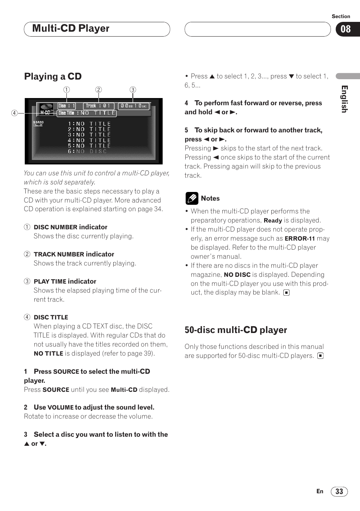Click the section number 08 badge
pyautogui.click(x=346, y=29)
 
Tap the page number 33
pyautogui.click(x=339, y=491)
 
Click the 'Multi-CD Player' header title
pyautogui.click(x=71, y=29)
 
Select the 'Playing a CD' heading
pyautogui.click(x=53, y=77)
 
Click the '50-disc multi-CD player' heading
pyautogui.click(x=236, y=330)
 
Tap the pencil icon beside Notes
pyautogui.click(x=192, y=198)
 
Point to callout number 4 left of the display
pyautogui.click(x=14, y=113)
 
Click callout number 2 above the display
pyautogui.click(x=98, y=90)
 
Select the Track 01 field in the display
pyautogui.click(x=98, y=106)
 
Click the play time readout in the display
pyautogui.click(x=134, y=106)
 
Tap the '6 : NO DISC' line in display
pyautogui.click(x=87, y=151)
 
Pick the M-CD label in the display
pyautogui.click(x=45, y=112)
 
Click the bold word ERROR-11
pyautogui.click(x=300, y=239)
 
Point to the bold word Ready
pyautogui.click(x=273, y=221)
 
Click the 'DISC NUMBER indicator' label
pyautogui.click(x=71, y=227)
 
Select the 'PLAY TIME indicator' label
pyautogui.click(x=65, y=281)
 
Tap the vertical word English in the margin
pyautogui.click(x=344, y=99)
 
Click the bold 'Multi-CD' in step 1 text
pyautogui.click(x=124, y=390)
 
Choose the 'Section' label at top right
pyautogui.click(x=341, y=16)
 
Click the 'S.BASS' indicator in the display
pyautogui.click(x=38, y=122)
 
